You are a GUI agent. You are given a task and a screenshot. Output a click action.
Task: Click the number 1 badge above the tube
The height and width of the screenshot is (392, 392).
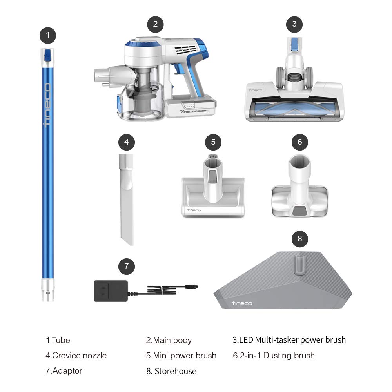(x=48, y=35)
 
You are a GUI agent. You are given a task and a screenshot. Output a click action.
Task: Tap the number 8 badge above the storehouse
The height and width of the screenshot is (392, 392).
(x=300, y=239)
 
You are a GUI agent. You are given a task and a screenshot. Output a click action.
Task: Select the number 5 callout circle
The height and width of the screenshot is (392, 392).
(x=213, y=142)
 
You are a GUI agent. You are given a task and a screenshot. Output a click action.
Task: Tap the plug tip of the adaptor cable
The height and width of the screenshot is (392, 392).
(x=195, y=287)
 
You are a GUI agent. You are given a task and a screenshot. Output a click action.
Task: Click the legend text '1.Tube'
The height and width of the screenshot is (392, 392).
(x=58, y=340)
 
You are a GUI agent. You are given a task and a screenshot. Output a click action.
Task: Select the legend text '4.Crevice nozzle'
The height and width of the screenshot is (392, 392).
(x=76, y=356)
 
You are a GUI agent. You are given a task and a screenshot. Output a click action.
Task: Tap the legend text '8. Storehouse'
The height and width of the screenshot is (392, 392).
(x=171, y=371)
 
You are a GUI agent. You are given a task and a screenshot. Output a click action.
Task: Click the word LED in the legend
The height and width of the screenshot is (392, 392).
(x=246, y=340)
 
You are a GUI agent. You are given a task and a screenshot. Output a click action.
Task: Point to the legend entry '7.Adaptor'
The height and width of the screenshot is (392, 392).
(x=64, y=370)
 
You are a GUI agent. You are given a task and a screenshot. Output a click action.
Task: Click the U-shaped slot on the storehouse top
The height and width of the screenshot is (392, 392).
(x=299, y=265)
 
